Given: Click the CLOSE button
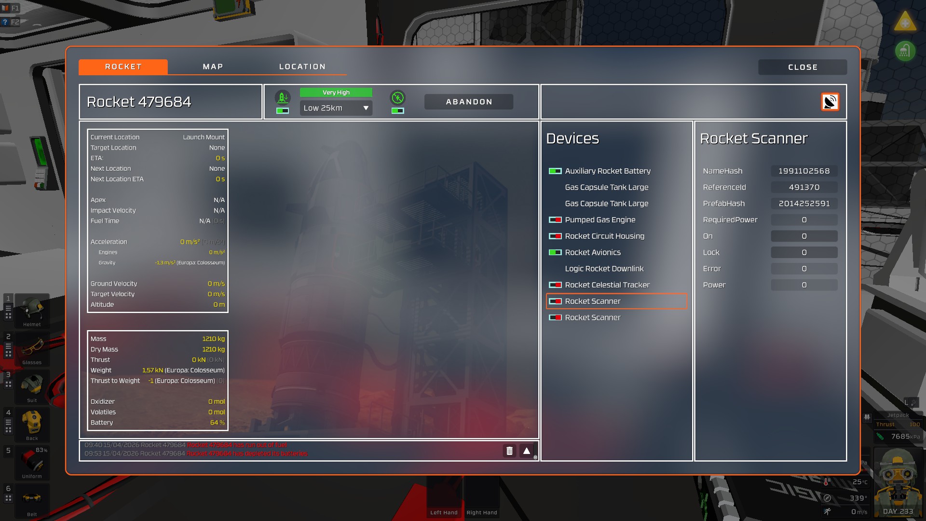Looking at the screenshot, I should pyautogui.click(x=802, y=67).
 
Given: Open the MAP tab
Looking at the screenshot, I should pyautogui.click(x=213, y=67).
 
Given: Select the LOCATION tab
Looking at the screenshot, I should pyautogui.click(x=302, y=67).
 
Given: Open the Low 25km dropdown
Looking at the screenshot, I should pyautogui.click(x=336, y=108).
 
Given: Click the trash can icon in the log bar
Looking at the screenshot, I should pyautogui.click(x=509, y=451).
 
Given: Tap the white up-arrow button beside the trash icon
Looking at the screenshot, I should pyautogui.click(x=527, y=451).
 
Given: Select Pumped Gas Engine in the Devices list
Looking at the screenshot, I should pyautogui.click(x=600, y=220).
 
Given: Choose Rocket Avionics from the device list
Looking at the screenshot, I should pyautogui.click(x=593, y=252).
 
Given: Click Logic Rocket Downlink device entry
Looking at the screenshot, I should pyautogui.click(x=604, y=269).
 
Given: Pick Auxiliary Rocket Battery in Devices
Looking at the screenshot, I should pyautogui.click(x=608, y=171).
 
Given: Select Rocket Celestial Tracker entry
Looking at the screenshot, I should pyautogui.click(x=607, y=285).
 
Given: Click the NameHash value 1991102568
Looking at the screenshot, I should pyautogui.click(x=804, y=171).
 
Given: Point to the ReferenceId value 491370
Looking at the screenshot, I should pyautogui.click(x=804, y=188).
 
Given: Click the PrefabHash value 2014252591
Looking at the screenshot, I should pyautogui.click(x=804, y=204).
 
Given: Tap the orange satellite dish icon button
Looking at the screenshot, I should pyautogui.click(x=830, y=102).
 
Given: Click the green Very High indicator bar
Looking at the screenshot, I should pyautogui.click(x=336, y=93).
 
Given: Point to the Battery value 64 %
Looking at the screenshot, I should pyautogui.click(x=218, y=423).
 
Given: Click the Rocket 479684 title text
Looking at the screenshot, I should pyautogui.click(x=139, y=102).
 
